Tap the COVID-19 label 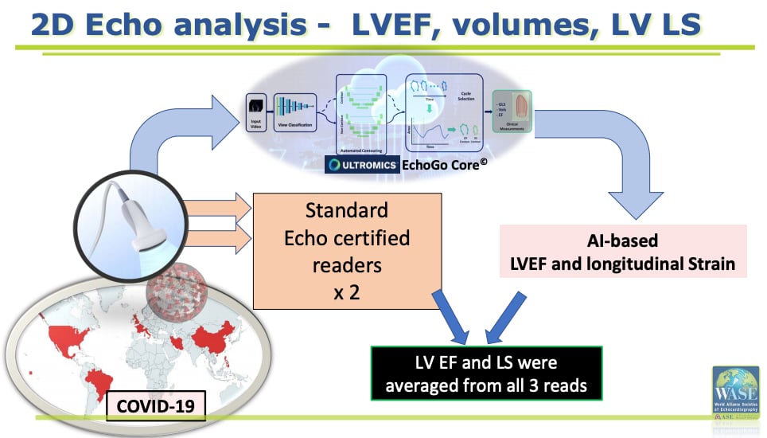(x=156, y=407)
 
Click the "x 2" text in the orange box (x=347, y=291)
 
